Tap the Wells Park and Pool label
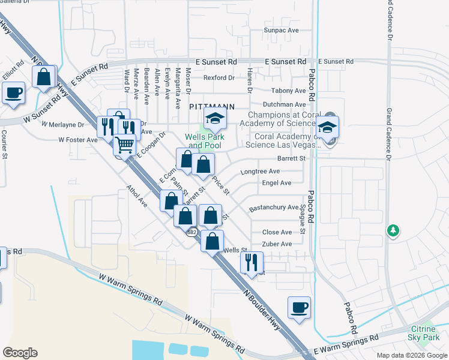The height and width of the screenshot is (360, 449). [x=205, y=141]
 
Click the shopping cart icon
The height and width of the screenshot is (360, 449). [x=124, y=145]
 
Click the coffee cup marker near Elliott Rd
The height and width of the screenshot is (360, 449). [x=14, y=93]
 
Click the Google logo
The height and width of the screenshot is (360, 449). [x=20, y=352]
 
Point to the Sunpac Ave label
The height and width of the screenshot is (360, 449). [x=282, y=29]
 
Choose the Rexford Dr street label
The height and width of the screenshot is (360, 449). [x=218, y=77]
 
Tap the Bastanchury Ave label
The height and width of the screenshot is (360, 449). [x=274, y=208]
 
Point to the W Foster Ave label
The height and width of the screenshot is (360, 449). [x=77, y=140]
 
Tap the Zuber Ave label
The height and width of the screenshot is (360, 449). [x=277, y=244]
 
